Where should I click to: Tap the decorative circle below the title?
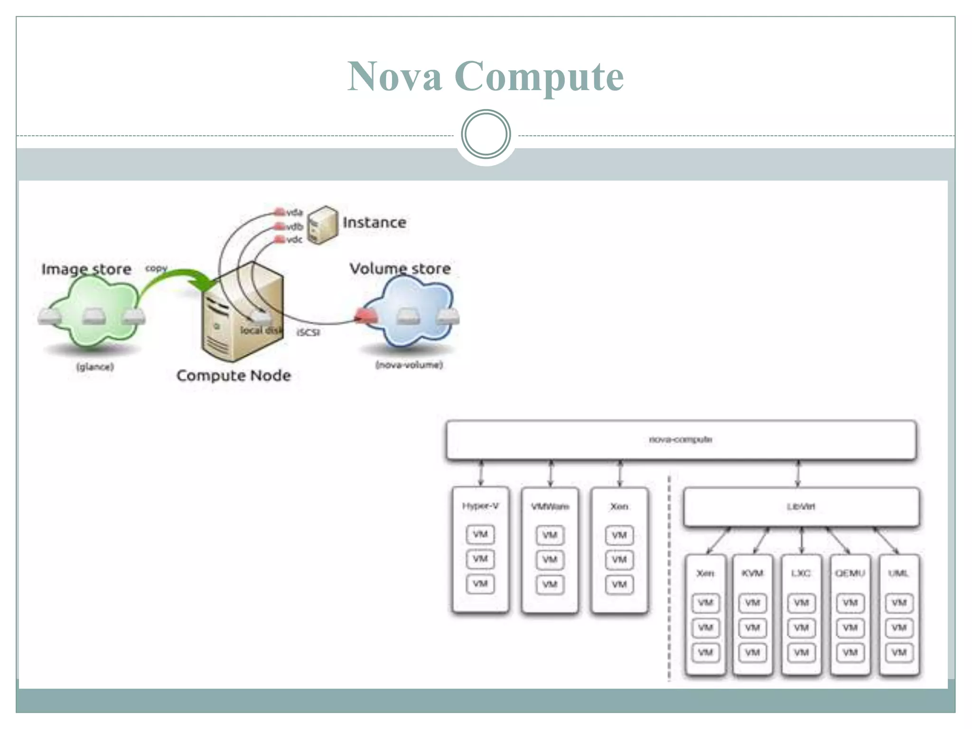[x=486, y=134]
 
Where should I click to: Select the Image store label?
[x=86, y=269]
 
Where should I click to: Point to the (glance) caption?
[x=95, y=367]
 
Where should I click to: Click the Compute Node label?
[x=234, y=375]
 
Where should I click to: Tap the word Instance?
[x=374, y=222]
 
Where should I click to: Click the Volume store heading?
[x=400, y=269]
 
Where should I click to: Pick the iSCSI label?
[x=308, y=332]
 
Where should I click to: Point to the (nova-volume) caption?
[x=409, y=365]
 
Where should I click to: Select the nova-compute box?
[x=681, y=439]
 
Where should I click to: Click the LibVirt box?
[x=801, y=507]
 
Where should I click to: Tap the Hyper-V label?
[x=480, y=506]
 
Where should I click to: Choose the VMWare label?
[x=550, y=507]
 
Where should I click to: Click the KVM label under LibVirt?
[x=752, y=573]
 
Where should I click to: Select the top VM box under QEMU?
[x=850, y=603]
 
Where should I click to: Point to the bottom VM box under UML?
[x=899, y=652]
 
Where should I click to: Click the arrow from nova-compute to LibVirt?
[x=798, y=474]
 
